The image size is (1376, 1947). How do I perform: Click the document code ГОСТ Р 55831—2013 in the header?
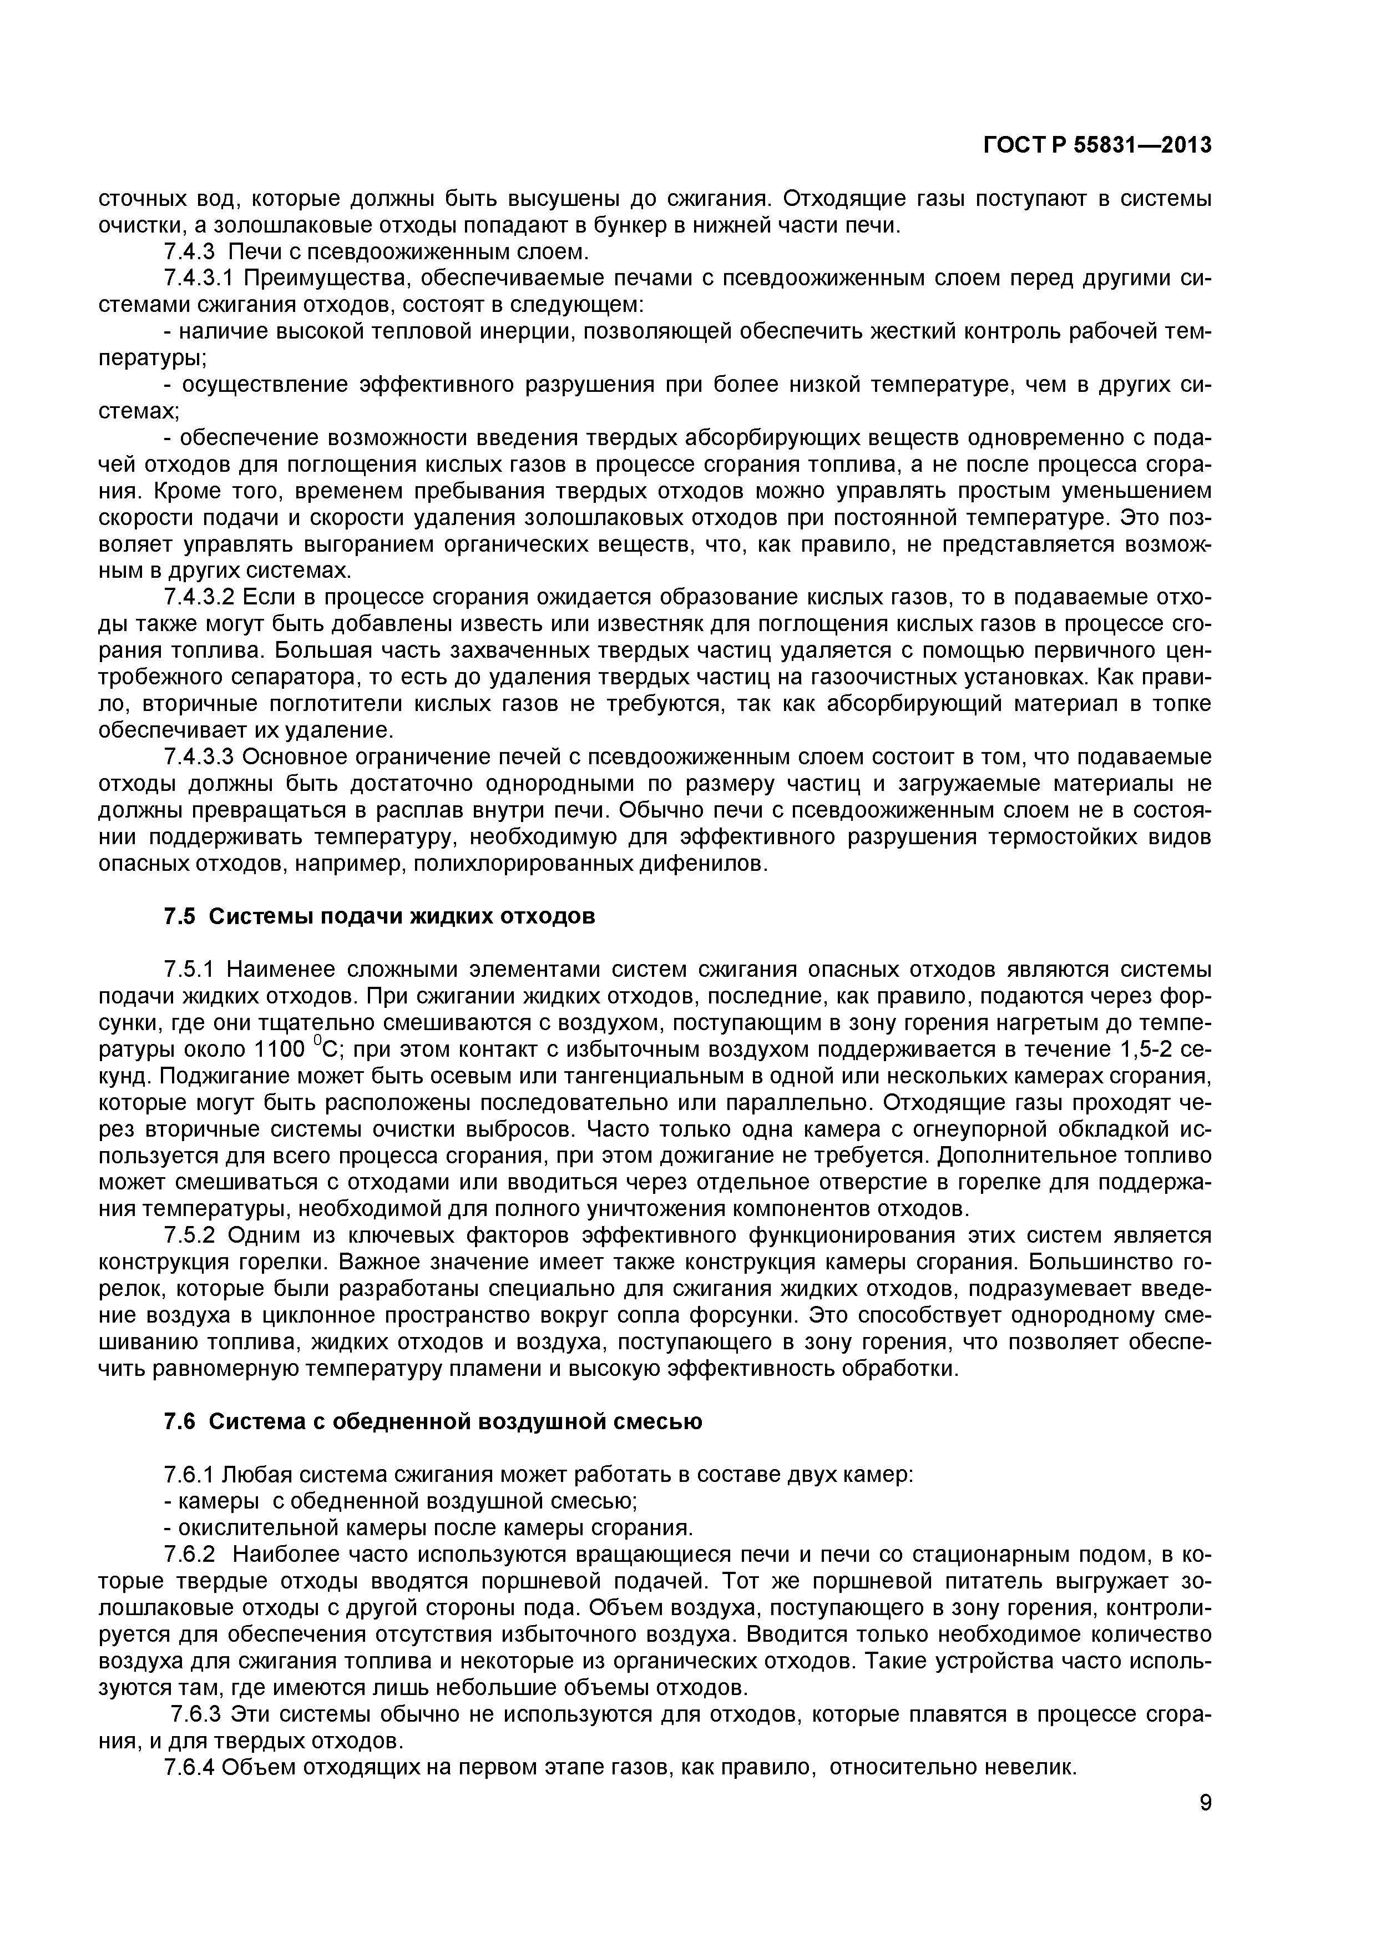click(x=1097, y=146)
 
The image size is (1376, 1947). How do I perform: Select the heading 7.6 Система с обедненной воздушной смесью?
click(x=432, y=1422)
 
